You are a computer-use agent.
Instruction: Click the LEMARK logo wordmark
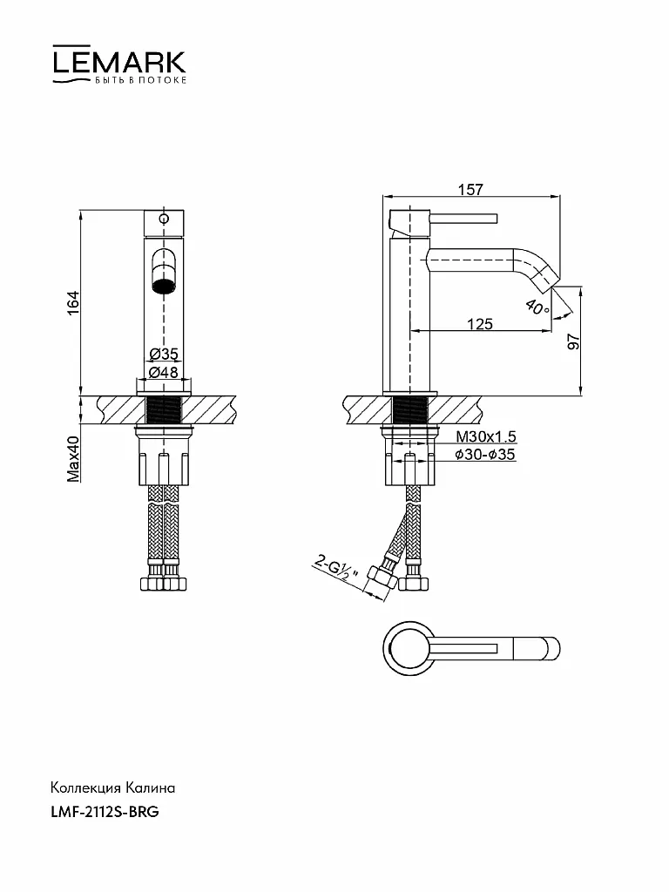click(x=119, y=62)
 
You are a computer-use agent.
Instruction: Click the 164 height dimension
click(x=73, y=303)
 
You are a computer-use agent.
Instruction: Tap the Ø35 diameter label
click(x=164, y=354)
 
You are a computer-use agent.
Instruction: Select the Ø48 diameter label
click(x=164, y=372)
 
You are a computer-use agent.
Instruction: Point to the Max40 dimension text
click(x=73, y=458)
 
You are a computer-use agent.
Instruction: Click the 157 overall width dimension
click(x=470, y=189)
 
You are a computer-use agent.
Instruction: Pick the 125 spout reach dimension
click(x=480, y=324)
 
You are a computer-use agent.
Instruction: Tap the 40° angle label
click(x=537, y=307)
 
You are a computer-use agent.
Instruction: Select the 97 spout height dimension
click(x=573, y=341)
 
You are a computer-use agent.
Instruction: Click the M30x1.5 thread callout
click(x=486, y=436)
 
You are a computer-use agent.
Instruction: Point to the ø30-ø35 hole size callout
click(x=484, y=454)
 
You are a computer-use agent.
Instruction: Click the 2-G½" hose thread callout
click(x=336, y=569)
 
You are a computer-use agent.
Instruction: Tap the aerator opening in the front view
click(x=163, y=272)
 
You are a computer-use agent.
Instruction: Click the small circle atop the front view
click(x=164, y=219)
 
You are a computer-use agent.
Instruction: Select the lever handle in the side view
click(x=463, y=219)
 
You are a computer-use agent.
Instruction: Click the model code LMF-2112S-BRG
click(x=105, y=812)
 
